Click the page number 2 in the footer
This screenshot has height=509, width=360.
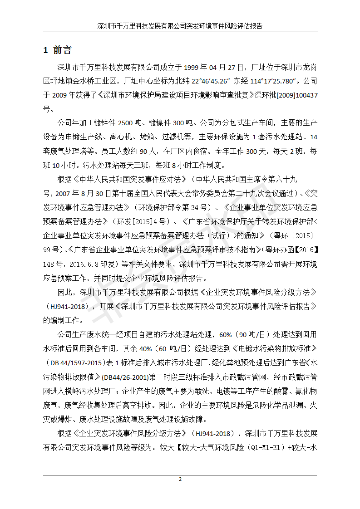180,480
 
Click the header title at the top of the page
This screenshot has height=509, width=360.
180,26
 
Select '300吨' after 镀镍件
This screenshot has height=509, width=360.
184,123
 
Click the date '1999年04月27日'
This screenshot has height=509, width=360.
211,68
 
